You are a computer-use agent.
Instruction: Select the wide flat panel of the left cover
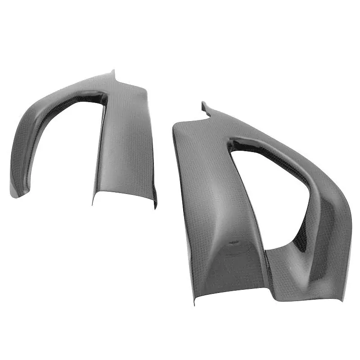pos(126,144)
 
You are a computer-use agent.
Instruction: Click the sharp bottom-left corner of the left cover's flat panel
pos(94,203)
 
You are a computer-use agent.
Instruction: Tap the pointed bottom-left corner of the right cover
pos(194,304)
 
